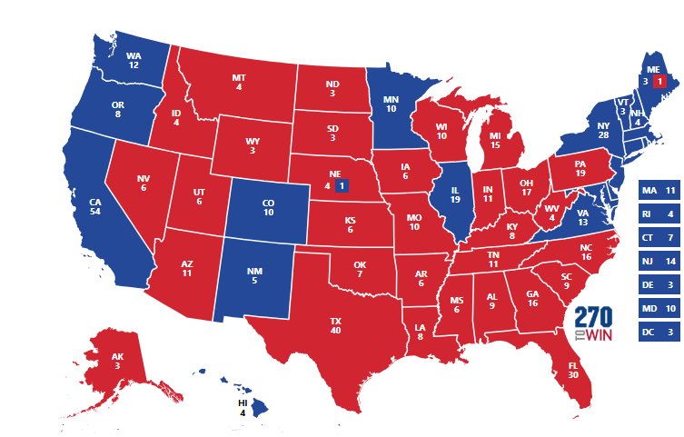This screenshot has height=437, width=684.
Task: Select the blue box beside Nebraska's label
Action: tap(342, 186)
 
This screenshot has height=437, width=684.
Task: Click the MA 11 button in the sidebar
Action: tap(659, 191)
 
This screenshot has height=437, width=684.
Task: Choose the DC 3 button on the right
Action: tap(659, 333)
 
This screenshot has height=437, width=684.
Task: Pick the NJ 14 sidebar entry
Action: tap(659, 262)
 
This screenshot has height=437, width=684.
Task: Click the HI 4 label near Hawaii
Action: tap(243, 407)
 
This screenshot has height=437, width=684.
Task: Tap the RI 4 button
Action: tap(659, 214)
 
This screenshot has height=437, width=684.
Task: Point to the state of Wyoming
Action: tap(253, 146)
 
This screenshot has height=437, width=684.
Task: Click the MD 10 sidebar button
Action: tap(659, 309)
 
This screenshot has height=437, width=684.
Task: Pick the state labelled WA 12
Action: tap(134, 60)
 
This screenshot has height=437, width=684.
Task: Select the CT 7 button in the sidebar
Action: tap(659, 238)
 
